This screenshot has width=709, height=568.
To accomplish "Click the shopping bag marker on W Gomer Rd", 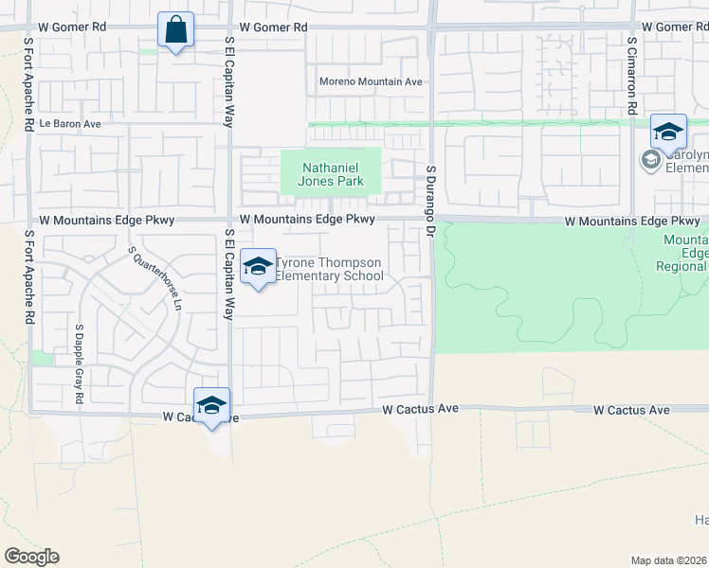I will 176,30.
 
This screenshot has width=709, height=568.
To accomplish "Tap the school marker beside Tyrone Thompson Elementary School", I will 258,268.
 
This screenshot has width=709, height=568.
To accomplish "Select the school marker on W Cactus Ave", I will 212,406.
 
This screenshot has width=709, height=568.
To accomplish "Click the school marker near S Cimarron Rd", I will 668,133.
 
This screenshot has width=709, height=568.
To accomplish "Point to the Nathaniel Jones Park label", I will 331,174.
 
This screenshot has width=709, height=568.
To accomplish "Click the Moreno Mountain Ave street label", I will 371,82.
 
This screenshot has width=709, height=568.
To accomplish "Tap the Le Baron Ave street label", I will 70,124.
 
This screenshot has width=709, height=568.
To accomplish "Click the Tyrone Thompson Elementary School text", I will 328,270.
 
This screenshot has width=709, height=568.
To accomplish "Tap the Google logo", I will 31,557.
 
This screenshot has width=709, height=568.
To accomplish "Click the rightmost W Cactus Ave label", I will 631,410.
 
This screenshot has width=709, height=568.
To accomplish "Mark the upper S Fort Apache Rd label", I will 30,80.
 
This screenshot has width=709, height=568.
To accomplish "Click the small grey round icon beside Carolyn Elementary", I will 650,160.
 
